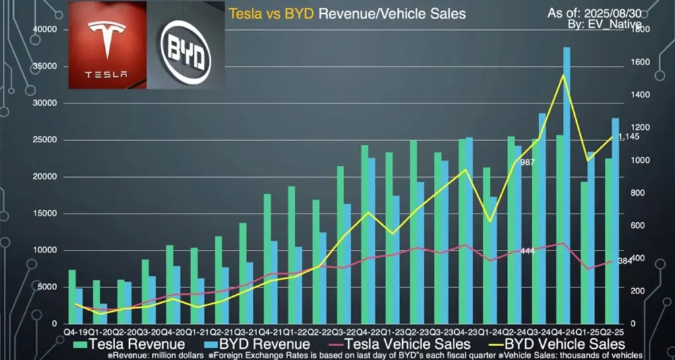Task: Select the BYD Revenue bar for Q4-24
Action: tap(566, 185)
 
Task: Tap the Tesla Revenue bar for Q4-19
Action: tap(72, 297)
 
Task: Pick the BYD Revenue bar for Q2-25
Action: tap(615, 220)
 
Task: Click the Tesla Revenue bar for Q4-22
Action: tap(365, 234)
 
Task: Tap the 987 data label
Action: tap(527, 162)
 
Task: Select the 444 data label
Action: tap(527, 251)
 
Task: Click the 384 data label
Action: tap(625, 262)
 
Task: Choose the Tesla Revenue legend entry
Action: tap(129, 344)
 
